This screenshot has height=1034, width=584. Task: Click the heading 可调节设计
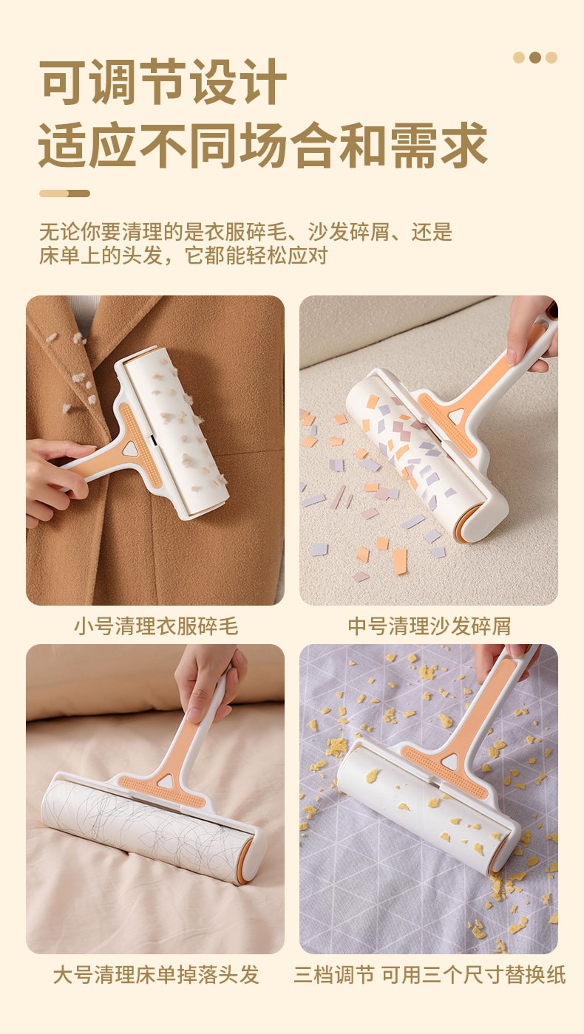pyautogui.click(x=163, y=83)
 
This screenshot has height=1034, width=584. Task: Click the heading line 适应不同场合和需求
pyautogui.click(x=262, y=145)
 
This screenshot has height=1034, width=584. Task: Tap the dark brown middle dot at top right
pyautogui.click(x=535, y=58)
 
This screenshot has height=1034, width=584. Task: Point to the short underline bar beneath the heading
pyautogui.click(x=64, y=194)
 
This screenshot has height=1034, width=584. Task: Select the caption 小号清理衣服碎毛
pyautogui.click(x=155, y=626)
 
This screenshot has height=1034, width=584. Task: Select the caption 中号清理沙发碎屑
pyautogui.click(x=429, y=626)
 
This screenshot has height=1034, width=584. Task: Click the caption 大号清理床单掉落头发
pyautogui.click(x=155, y=974)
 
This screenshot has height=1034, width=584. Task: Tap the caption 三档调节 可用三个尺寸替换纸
pyautogui.click(x=429, y=974)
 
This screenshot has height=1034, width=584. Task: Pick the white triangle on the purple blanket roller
pyautogui.click(x=449, y=761)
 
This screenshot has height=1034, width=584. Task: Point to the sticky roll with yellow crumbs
pyautogui.click(x=421, y=801)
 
